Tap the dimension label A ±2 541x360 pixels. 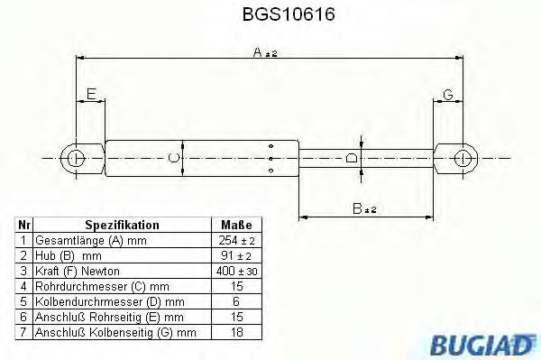[263, 53]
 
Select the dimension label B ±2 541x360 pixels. [364, 208]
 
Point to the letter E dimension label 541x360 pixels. [90, 95]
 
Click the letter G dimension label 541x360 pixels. [448, 95]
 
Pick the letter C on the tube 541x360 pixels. [175, 159]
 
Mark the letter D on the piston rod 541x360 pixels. [353, 159]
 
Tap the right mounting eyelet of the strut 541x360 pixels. [465, 159]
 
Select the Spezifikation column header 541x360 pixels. [122, 225]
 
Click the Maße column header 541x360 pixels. [237, 225]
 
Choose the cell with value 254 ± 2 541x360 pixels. [237, 241]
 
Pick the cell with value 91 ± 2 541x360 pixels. [237, 256]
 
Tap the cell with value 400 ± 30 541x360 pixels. [237, 272]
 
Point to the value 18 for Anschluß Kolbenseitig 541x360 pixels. [237, 333]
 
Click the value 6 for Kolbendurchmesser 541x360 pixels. [237, 302]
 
